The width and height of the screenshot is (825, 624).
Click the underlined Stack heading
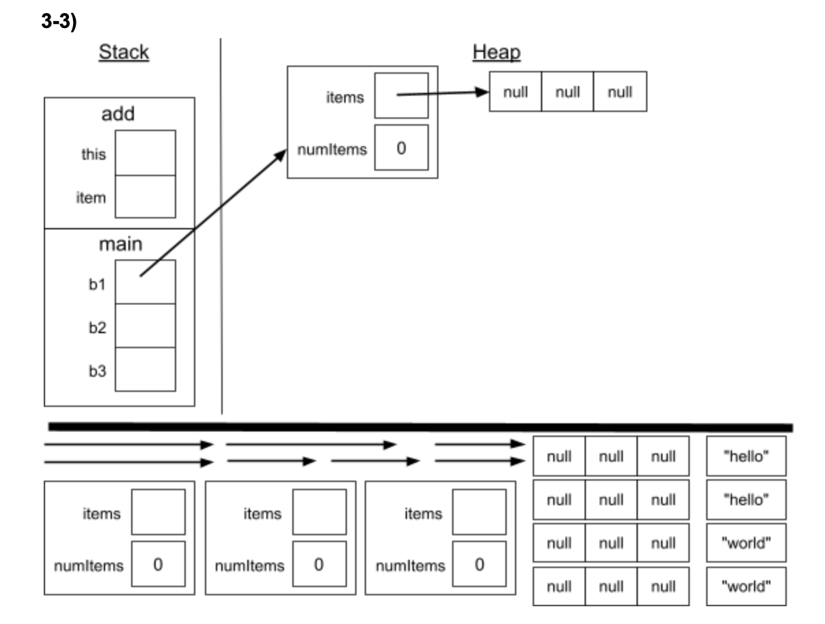(124, 53)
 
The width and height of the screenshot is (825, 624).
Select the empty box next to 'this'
(145, 153)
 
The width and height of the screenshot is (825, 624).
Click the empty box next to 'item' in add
(145, 197)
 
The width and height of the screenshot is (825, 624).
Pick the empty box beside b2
(145, 326)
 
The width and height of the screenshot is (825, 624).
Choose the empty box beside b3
(145, 369)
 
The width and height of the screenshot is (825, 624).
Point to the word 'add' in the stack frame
(118, 114)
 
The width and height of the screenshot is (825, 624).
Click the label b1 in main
(98, 284)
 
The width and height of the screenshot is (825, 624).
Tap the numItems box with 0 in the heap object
(402, 147)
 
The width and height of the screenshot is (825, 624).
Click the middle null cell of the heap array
(568, 91)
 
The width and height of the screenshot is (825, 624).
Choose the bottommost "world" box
(746, 586)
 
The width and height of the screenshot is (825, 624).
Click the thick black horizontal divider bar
(420, 427)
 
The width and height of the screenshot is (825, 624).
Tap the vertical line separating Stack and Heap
(221, 225)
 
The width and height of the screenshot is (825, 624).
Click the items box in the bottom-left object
(158, 512)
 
